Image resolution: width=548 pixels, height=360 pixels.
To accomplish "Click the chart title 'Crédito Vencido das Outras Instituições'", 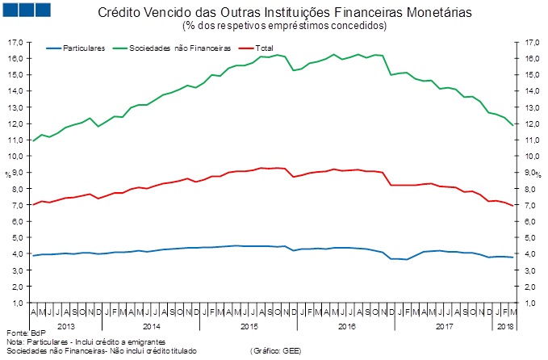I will pyautogui.click(x=285, y=14).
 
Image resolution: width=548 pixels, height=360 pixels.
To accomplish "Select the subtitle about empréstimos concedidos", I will pyautogui.click(x=285, y=27).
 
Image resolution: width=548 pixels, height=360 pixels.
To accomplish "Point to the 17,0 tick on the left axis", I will pyautogui.click(x=14, y=41).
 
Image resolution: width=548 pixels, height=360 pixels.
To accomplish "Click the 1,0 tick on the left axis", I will pyautogui.click(x=15, y=303).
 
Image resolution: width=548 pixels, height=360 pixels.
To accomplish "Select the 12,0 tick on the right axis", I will pyautogui.click(x=525, y=123).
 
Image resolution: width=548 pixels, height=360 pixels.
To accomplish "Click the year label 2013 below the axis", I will pyautogui.click(x=68, y=326).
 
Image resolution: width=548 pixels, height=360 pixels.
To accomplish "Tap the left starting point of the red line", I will pyautogui.click(x=33, y=204).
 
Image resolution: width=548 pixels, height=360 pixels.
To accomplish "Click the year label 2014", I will pyautogui.click(x=151, y=326).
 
